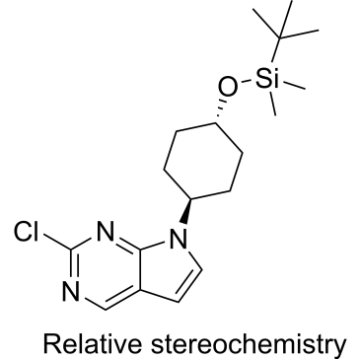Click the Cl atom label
(26, 232)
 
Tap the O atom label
(228, 86)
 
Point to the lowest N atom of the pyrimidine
(71, 291)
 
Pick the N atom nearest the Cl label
(106, 232)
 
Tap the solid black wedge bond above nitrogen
(187, 210)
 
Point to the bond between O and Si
(246, 82)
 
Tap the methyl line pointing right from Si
(295, 85)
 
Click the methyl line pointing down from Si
(272, 104)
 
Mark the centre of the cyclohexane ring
(203, 161)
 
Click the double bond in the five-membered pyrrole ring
(190, 285)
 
